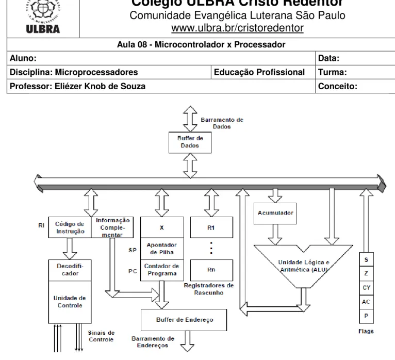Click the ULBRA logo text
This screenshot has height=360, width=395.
[x=43, y=29]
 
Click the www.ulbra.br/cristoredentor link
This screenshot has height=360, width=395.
[x=237, y=28]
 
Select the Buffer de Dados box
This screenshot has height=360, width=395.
[x=190, y=142]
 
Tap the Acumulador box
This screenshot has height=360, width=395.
[x=275, y=213]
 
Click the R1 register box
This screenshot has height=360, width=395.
[x=211, y=227]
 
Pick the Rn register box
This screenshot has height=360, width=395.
[x=211, y=270]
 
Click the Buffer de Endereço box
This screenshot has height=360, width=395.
[x=184, y=320]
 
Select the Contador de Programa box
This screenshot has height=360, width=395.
[x=162, y=270]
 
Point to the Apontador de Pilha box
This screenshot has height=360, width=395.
[x=162, y=249]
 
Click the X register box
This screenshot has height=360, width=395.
[x=162, y=227]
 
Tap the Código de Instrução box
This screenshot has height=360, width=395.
[x=70, y=227]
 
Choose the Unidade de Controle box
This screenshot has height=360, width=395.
[x=70, y=302]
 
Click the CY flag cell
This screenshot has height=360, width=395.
[x=366, y=288]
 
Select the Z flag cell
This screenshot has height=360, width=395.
[x=366, y=273]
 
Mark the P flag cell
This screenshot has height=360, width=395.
[x=366, y=316]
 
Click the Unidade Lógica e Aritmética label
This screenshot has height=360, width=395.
[x=304, y=266]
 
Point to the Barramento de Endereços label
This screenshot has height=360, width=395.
[x=153, y=342]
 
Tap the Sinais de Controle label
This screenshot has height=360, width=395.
[x=101, y=336]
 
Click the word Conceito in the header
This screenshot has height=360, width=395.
[x=338, y=86]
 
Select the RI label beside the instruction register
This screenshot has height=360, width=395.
[x=41, y=225]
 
